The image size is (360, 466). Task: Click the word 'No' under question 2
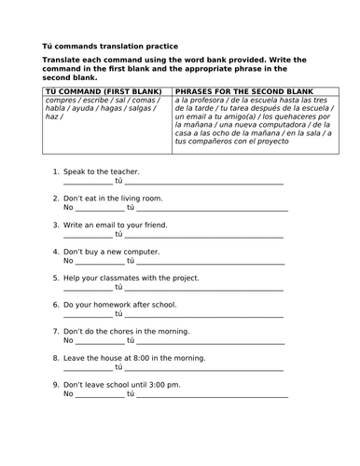click(x=68, y=210)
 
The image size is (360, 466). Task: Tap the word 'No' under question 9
click(x=68, y=395)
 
